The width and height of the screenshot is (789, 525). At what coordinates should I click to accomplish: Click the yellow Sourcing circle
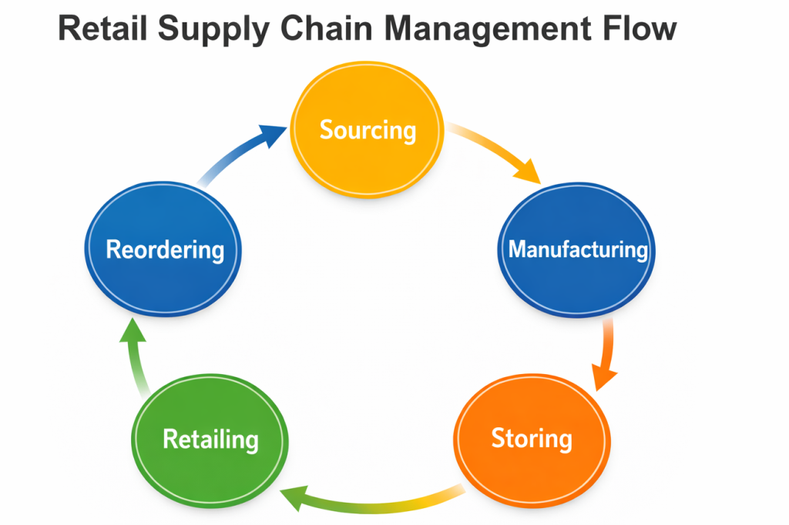(368, 131)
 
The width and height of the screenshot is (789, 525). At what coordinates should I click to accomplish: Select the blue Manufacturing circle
(578, 249)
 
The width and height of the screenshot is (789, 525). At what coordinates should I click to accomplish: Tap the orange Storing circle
(532, 439)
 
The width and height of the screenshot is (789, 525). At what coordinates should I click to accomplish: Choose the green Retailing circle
(210, 440)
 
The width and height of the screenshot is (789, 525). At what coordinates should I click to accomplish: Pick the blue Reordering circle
(163, 249)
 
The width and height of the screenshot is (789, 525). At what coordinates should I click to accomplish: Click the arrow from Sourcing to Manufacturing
(493, 152)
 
